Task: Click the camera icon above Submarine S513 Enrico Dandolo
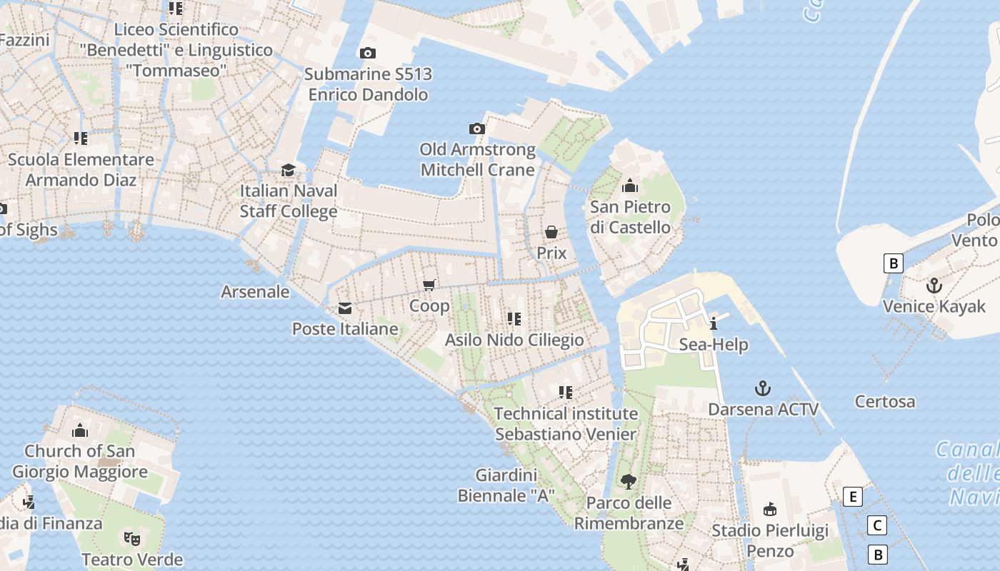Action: (x=368, y=53)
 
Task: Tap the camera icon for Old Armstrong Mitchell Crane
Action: (x=477, y=128)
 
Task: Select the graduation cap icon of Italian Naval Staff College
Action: (x=288, y=170)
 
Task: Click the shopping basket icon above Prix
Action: (x=551, y=232)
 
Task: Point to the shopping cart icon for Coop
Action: (x=429, y=285)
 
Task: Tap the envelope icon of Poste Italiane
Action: (x=345, y=308)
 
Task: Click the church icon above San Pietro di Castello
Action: (x=630, y=186)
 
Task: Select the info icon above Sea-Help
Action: (x=714, y=323)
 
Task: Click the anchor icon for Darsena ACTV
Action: (x=763, y=388)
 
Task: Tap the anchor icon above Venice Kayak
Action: (x=934, y=285)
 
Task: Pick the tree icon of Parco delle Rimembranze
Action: (x=629, y=482)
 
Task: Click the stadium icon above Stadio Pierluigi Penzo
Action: (x=770, y=510)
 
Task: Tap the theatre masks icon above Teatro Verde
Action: (x=131, y=538)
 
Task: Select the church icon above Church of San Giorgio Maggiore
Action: (x=80, y=430)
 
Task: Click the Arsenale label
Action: (x=255, y=291)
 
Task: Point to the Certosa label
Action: (x=885, y=401)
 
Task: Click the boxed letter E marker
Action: (x=852, y=497)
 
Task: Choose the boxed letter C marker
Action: (x=876, y=525)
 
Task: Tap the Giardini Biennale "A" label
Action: (x=506, y=485)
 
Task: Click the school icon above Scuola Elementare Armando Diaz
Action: (x=81, y=138)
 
